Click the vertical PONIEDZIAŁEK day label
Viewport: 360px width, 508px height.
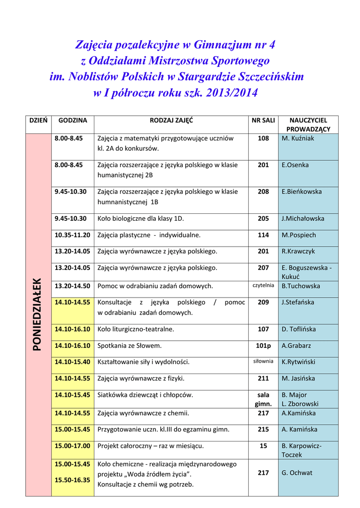click(x=38, y=315)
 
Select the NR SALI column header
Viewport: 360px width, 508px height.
click(x=263, y=120)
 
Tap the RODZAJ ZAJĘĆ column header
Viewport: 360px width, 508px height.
click(x=171, y=120)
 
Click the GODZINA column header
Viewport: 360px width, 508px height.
click(x=72, y=120)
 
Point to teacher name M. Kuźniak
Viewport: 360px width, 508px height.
click(x=298, y=138)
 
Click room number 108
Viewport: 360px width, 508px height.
click(x=263, y=138)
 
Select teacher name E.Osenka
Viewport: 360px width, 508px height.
click(x=295, y=165)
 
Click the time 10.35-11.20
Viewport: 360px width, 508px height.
click(x=72, y=235)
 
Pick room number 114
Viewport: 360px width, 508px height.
click(x=263, y=235)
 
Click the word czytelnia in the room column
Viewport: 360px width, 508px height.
click(x=263, y=285)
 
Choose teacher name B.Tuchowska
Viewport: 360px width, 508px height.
click(x=301, y=286)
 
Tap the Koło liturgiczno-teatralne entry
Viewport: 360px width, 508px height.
click(x=136, y=329)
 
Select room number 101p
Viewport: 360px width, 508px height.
click(x=263, y=345)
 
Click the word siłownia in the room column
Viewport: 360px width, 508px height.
click(x=263, y=361)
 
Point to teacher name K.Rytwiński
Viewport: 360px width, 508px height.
click(x=298, y=362)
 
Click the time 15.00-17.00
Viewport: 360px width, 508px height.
click(x=72, y=445)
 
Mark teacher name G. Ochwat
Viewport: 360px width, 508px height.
click(x=297, y=473)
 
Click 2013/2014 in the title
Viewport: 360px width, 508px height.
click(x=230, y=93)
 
